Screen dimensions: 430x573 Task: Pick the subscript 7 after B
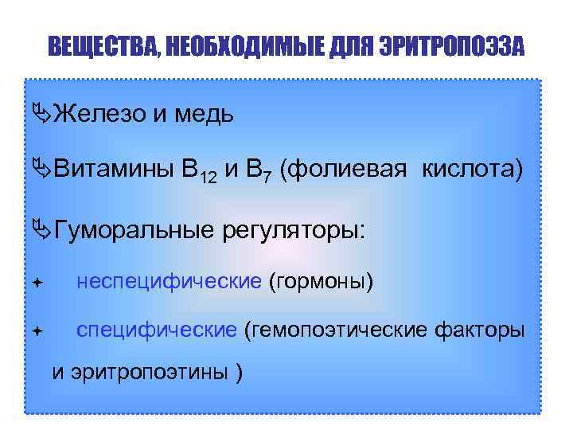tap(270, 177)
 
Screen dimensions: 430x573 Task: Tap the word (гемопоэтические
tap(336, 330)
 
